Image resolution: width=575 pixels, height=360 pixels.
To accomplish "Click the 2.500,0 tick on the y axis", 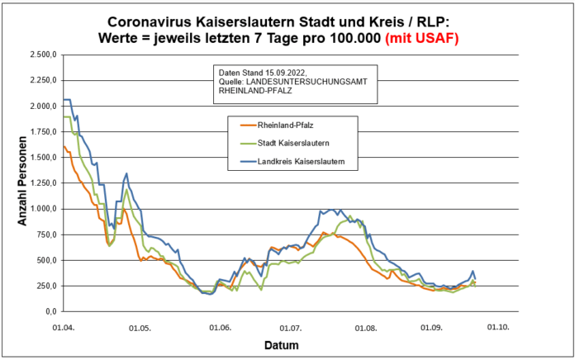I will (x=41, y=54).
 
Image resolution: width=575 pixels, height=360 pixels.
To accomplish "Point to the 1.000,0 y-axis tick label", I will (x=41, y=209).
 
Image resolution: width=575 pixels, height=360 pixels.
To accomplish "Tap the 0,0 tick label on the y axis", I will (x=51, y=312).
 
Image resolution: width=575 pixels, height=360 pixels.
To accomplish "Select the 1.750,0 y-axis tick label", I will (x=41, y=132).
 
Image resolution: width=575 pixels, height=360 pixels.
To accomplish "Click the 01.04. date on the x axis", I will (x=64, y=327).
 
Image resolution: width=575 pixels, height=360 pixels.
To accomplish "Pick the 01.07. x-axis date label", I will (x=289, y=327).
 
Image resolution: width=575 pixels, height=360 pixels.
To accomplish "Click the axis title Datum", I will (x=282, y=344).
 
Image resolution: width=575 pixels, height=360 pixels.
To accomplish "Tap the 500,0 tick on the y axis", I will (x=45, y=261).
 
